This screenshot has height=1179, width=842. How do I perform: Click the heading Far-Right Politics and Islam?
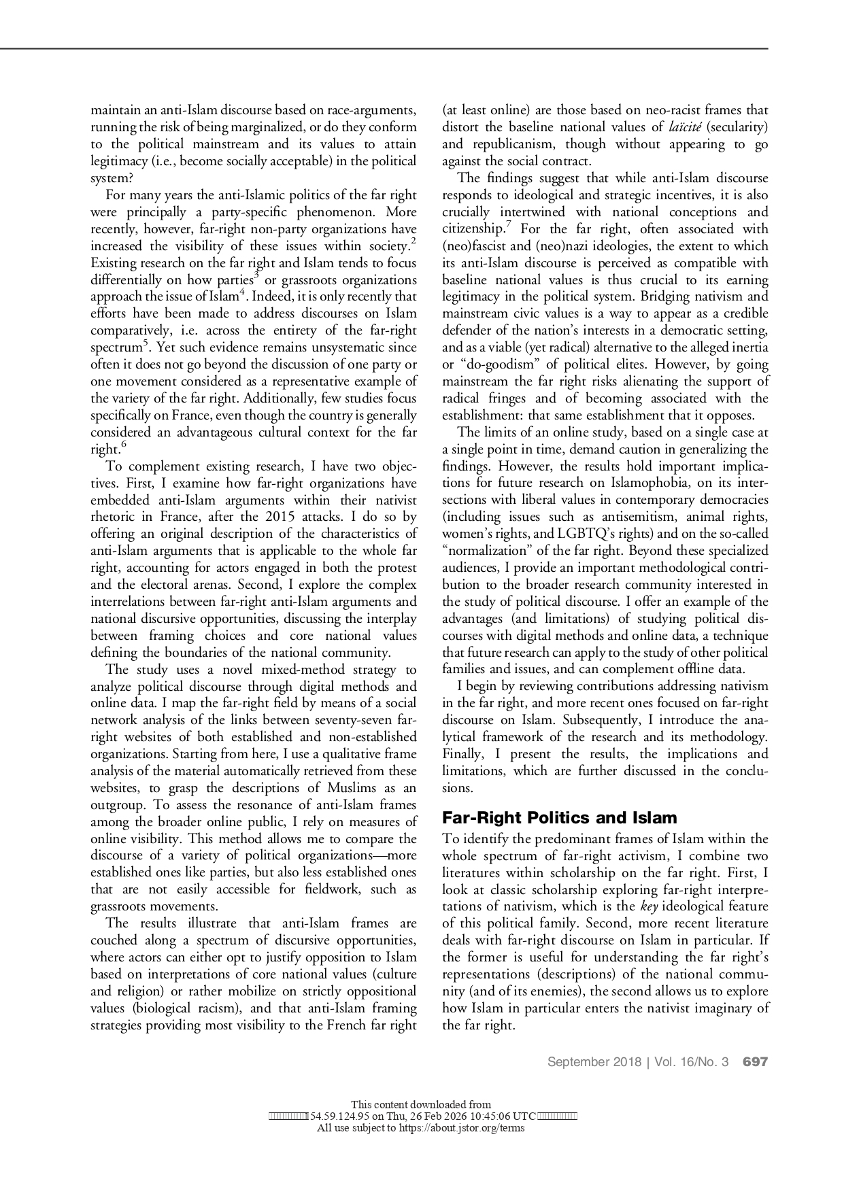560,817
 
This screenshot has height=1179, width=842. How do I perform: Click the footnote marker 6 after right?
123,445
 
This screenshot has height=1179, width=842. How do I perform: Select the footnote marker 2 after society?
414,241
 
